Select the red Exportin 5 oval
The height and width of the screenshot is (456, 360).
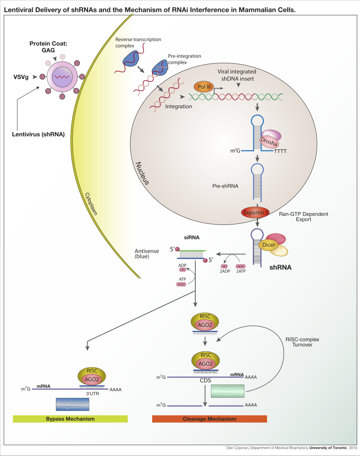[255, 213]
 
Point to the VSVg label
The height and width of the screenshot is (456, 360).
[21, 76]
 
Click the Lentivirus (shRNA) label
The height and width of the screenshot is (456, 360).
[38, 134]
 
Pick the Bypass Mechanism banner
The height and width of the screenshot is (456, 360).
[70, 419]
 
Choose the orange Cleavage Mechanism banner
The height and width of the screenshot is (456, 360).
[209, 419]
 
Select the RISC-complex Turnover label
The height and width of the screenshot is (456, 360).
[302, 342]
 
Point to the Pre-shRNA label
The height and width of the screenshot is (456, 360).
[225, 186]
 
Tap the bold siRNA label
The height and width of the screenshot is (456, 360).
[192, 238]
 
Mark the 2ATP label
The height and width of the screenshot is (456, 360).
[240, 272]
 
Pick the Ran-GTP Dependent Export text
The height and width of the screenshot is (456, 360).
[303, 217]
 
